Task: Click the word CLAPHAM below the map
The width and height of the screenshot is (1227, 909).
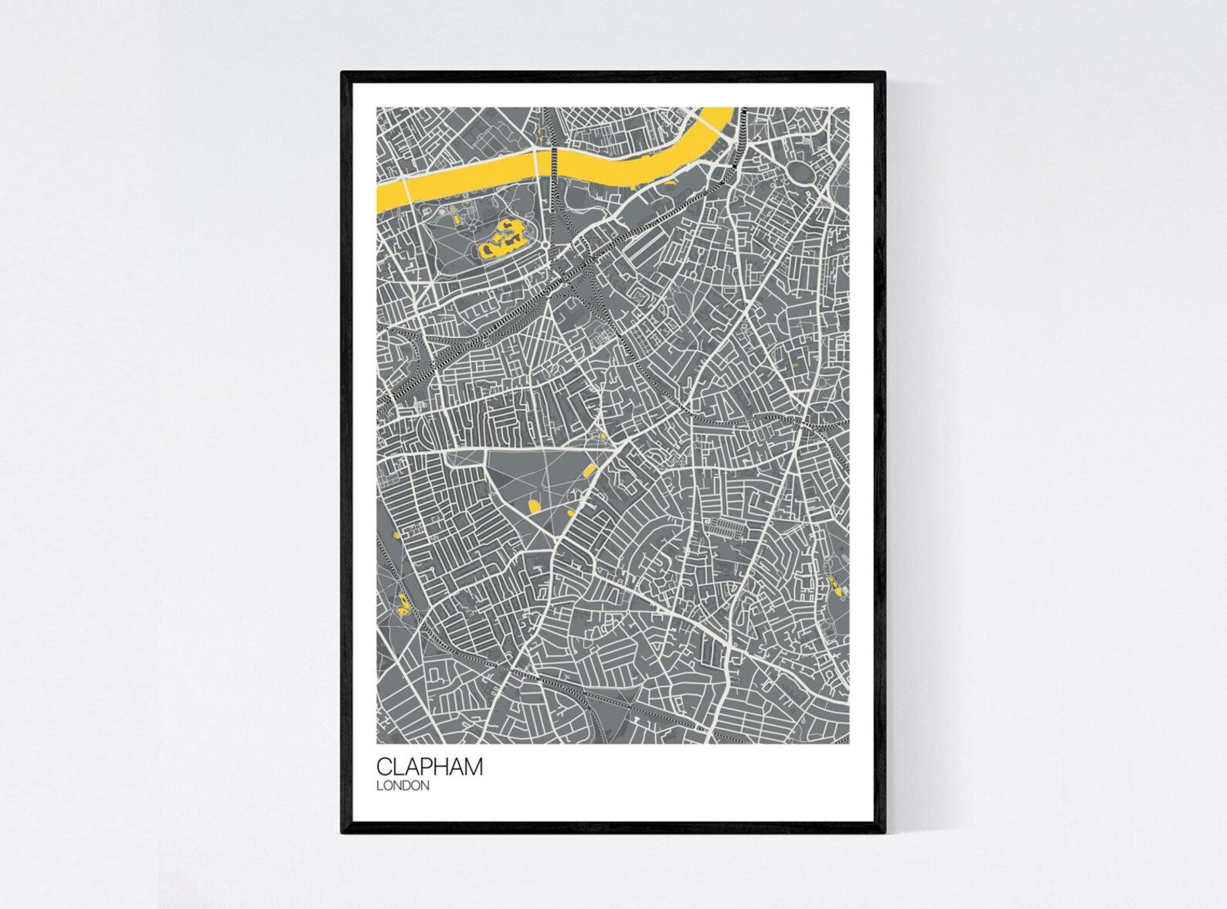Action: pos(430,767)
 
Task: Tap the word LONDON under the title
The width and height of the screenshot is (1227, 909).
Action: pos(403,785)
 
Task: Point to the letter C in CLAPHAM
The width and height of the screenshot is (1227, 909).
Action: pos(384,767)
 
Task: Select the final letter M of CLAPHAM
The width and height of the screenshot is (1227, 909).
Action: pos(473,767)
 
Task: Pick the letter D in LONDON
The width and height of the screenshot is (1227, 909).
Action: pos(410,785)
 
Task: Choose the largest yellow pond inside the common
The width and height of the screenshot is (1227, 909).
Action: pos(532,506)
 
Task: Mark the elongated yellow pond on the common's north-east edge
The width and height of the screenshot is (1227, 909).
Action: pos(588,468)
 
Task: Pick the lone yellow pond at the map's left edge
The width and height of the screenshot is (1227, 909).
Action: pos(393,535)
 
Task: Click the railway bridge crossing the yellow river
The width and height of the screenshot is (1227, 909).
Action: pos(552,158)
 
